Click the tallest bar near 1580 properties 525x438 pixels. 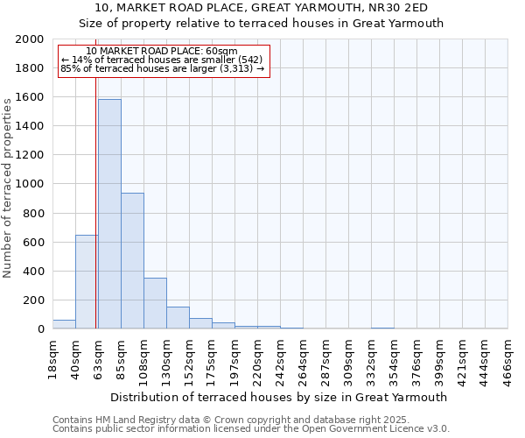click(x=109, y=214)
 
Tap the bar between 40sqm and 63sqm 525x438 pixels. click(x=87, y=282)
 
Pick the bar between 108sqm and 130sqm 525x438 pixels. click(x=155, y=303)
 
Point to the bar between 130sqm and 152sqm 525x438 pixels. click(x=178, y=318)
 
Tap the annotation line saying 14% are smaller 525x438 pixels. click(x=163, y=60)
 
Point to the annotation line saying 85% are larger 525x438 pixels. click(x=163, y=68)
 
